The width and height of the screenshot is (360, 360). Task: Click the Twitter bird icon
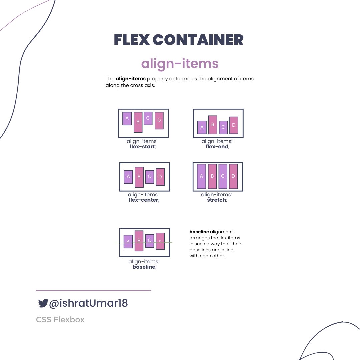(x=43, y=303)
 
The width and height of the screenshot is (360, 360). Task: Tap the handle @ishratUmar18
(x=88, y=303)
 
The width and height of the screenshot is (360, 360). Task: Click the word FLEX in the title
(x=131, y=40)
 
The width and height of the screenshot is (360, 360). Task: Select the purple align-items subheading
(x=180, y=63)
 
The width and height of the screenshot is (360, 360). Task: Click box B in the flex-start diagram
(x=138, y=122)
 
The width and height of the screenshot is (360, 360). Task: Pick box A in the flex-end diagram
(x=202, y=127)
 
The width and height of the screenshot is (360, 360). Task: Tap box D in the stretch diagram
(x=233, y=176)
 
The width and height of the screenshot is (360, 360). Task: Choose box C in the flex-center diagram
(x=150, y=177)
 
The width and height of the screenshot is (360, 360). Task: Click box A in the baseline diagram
(x=128, y=242)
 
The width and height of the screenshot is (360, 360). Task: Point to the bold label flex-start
(x=142, y=146)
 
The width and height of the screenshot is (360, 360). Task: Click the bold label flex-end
(x=217, y=146)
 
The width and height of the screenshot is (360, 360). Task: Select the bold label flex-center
(x=143, y=200)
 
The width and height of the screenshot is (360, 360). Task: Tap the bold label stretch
(x=217, y=200)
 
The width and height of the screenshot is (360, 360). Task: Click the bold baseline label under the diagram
(x=144, y=267)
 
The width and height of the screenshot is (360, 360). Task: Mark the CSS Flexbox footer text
(x=60, y=320)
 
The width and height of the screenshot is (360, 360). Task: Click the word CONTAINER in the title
(x=198, y=40)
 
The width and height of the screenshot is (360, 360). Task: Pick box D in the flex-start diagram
(x=159, y=120)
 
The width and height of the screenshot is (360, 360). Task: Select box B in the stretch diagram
(x=212, y=176)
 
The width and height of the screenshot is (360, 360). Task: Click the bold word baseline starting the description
(x=199, y=232)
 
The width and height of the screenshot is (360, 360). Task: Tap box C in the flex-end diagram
(x=223, y=127)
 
